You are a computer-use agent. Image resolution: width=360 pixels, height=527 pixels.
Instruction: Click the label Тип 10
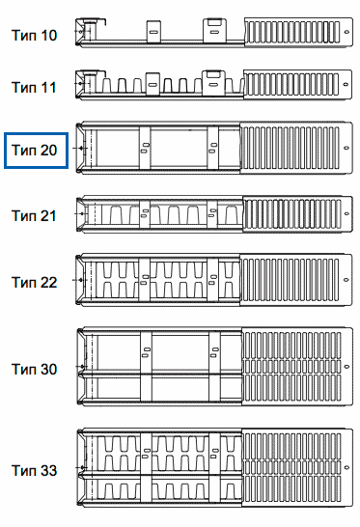34,36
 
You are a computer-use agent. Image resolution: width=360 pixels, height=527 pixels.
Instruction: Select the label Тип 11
34,88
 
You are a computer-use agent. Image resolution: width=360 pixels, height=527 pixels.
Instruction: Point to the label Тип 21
34,216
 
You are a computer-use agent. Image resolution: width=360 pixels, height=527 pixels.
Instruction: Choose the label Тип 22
34,282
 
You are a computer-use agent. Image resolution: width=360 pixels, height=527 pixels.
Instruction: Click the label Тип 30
34,369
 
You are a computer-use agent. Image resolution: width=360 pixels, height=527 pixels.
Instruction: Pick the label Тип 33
34,471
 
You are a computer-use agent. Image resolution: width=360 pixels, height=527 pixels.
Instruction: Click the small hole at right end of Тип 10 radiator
346,32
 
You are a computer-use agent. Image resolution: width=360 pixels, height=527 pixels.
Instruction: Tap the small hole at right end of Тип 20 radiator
346,148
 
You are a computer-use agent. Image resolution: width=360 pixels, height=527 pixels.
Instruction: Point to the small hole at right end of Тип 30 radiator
346,367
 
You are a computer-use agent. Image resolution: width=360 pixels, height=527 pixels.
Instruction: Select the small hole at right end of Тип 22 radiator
346,280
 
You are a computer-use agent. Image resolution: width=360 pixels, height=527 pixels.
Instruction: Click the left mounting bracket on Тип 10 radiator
153,32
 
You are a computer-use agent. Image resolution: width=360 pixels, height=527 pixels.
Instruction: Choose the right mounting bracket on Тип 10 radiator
214,31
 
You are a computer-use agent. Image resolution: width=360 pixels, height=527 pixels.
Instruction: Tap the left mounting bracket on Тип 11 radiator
152,84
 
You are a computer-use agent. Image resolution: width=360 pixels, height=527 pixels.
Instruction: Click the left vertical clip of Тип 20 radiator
145,148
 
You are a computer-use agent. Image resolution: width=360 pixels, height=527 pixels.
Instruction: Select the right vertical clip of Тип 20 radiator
212,148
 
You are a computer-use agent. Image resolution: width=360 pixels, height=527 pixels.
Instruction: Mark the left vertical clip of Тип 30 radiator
146,367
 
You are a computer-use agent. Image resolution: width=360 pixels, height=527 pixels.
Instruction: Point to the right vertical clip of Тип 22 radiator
212,280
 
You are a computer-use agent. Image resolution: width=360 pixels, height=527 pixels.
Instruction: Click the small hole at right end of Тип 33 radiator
346,467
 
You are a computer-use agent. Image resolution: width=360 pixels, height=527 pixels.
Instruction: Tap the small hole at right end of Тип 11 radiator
346,84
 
